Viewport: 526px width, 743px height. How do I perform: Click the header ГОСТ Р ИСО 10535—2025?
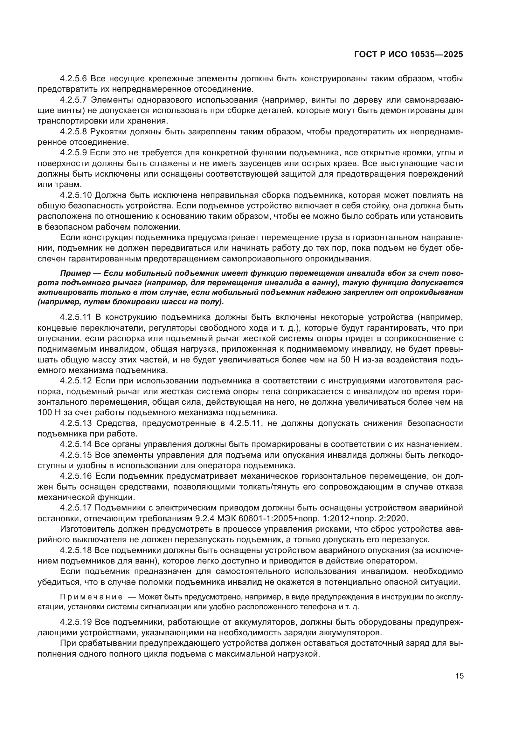click(x=408, y=55)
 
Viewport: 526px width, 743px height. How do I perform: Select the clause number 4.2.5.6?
click(x=73, y=79)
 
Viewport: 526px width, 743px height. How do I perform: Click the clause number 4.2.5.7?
click(x=73, y=100)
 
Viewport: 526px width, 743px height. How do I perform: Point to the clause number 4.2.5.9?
click(x=73, y=153)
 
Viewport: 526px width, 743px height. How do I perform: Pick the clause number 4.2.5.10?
click(x=76, y=195)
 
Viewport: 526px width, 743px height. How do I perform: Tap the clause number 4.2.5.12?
click(x=76, y=381)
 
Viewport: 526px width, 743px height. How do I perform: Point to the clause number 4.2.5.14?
click(x=76, y=444)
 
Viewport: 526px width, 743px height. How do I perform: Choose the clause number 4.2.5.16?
click(x=76, y=476)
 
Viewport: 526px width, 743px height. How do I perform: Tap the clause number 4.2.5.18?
click(x=76, y=550)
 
